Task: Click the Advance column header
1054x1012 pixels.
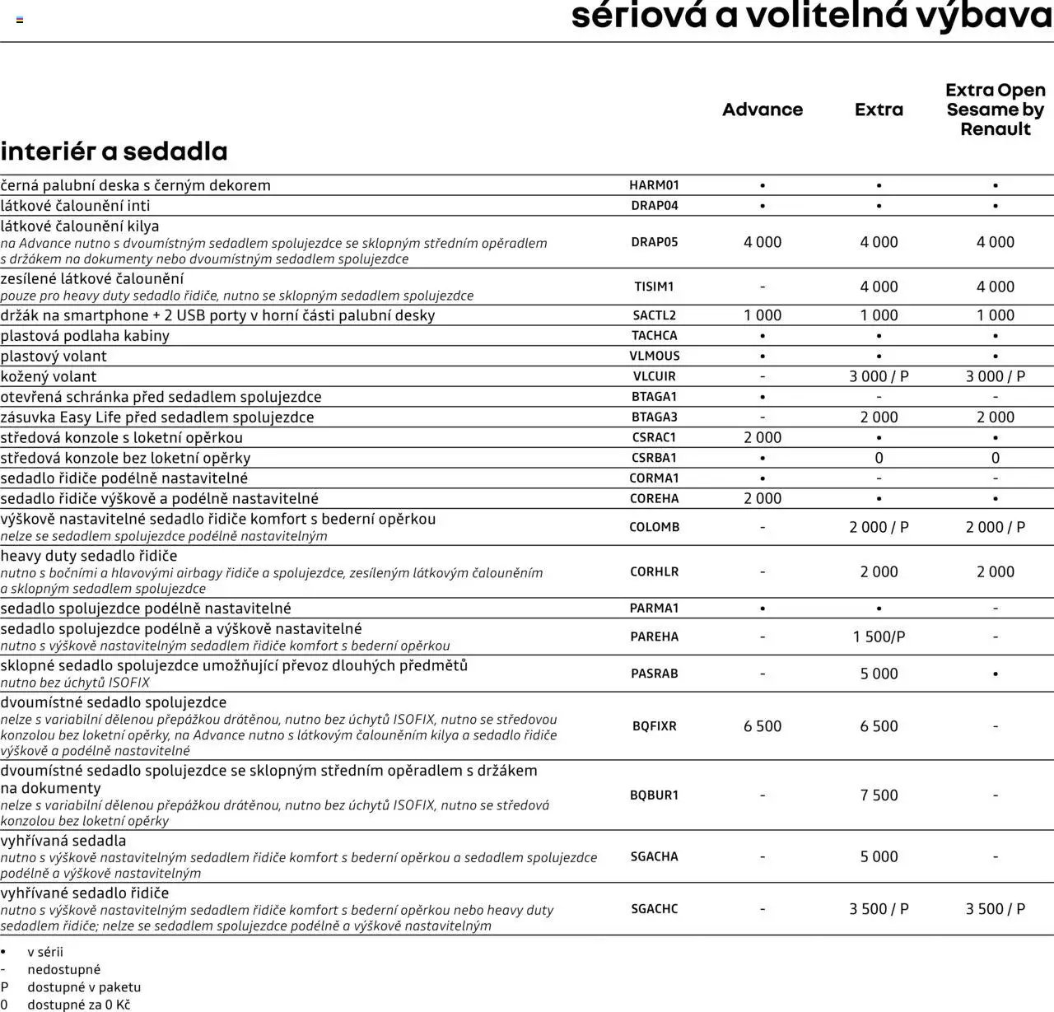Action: click(762, 110)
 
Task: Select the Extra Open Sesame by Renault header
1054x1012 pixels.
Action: click(995, 110)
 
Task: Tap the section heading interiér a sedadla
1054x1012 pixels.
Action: click(114, 152)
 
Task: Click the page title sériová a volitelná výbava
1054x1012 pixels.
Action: click(811, 16)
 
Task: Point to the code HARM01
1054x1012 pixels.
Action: click(654, 185)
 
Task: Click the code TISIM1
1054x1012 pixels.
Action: click(654, 287)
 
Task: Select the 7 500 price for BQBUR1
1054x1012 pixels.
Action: click(879, 795)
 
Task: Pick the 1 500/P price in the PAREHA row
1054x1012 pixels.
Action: click(879, 637)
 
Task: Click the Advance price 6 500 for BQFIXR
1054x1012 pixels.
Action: click(762, 726)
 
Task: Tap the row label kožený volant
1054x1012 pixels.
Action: click(49, 376)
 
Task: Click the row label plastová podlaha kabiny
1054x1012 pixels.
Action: click(85, 336)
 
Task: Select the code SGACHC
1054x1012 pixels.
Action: click(654, 909)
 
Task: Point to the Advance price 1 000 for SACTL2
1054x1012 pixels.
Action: click(762, 315)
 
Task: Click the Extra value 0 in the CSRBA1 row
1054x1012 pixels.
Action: click(879, 458)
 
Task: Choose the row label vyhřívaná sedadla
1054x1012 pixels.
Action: click(63, 841)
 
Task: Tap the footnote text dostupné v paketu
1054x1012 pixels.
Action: click(84, 986)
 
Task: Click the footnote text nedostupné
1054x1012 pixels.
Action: click(63, 969)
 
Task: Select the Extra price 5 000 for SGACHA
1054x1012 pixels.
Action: click(879, 856)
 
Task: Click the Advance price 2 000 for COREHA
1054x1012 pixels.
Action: click(762, 498)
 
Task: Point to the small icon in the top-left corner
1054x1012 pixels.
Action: click(20, 20)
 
